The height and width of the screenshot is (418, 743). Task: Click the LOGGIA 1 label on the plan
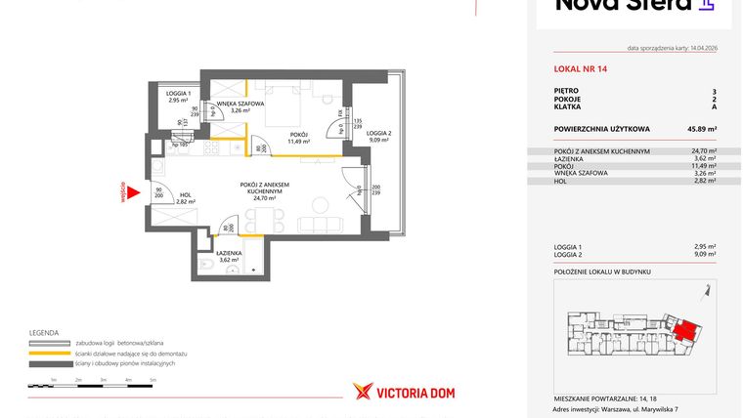[x=178, y=96]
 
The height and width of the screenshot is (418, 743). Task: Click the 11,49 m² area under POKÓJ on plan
[x=298, y=142]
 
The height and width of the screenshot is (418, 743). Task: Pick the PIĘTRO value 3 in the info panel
[x=714, y=90]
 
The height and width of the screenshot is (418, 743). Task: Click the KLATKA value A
[x=714, y=106]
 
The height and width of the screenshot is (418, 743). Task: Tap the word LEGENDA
[x=44, y=332]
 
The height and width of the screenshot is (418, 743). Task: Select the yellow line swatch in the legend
[x=50, y=354]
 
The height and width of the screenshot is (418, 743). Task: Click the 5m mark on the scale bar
[x=153, y=378]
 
